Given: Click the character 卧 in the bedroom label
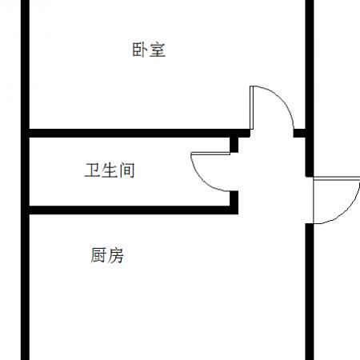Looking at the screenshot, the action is (x=140, y=50).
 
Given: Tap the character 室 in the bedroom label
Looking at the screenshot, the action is (x=158, y=50).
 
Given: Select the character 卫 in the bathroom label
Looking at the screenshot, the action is (x=92, y=170).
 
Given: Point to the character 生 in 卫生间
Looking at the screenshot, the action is (x=110, y=170).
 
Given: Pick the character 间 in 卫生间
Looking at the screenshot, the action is (x=127, y=170).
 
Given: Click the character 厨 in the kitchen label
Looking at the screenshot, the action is (x=98, y=255).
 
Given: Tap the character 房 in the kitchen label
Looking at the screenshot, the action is (x=116, y=255).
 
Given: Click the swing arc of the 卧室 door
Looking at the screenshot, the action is (x=282, y=98).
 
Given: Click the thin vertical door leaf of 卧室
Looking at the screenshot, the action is (x=251, y=108).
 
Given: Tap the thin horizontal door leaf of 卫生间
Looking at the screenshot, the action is (x=210, y=154).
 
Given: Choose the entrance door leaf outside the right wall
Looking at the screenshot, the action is (x=337, y=178).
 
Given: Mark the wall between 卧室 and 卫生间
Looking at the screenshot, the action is (x=139, y=133).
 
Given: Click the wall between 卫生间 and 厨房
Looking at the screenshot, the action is (x=134, y=210).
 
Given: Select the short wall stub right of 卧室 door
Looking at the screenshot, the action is (x=299, y=133).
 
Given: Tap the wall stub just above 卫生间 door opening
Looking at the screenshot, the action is (x=234, y=145).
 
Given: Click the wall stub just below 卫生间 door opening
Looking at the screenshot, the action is (x=234, y=198).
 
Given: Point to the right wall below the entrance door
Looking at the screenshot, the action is (x=310, y=292).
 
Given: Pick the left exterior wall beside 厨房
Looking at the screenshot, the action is (x=25, y=287).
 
